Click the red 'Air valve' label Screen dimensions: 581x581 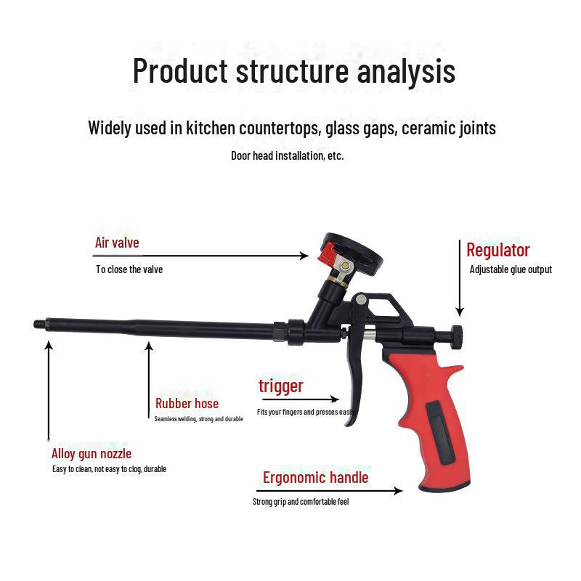coord(117,243)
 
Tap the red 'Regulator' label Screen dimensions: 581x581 coord(498,251)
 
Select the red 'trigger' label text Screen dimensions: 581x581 coord(281,386)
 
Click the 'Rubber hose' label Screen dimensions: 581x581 coord(187,404)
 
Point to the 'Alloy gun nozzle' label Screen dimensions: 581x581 coord(92,455)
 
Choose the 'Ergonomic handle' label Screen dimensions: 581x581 coord(315,478)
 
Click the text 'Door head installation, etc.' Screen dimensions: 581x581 coord(288,155)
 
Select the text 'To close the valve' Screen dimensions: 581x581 coord(129,269)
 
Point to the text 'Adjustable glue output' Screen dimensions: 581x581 coord(511,269)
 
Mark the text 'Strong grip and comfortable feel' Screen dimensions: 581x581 coord(301,502)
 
